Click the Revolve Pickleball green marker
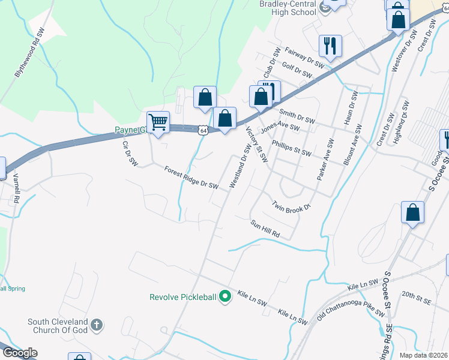pos(225,296)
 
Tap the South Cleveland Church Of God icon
pos(97,326)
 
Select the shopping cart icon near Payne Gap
pos(158,122)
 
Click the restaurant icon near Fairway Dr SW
pos(330,46)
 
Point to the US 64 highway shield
pos(204,130)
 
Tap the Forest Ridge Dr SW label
pos(191,178)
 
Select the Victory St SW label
pos(257,145)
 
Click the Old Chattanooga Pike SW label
pos(351,306)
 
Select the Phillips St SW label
pos(292,148)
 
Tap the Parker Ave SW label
pos(325,160)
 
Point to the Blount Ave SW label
pos(351,145)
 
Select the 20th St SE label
pos(417,295)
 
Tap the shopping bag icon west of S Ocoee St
pos(412,213)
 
